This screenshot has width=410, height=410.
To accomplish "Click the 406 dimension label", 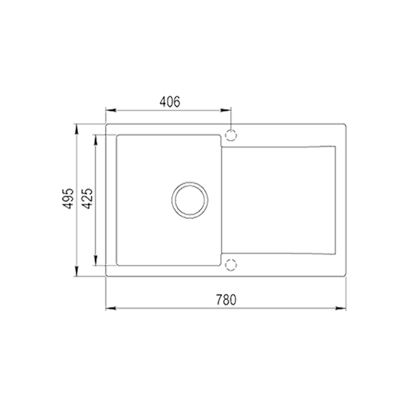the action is (x=170, y=102).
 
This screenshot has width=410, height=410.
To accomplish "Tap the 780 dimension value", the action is (x=226, y=300).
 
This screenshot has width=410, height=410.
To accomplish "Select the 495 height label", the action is (x=68, y=198).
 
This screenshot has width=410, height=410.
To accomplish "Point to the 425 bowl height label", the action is (x=88, y=198).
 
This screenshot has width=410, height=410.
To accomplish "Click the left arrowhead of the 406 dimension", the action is (x=110, y=110).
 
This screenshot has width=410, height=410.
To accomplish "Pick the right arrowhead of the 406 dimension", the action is (x=226, y=110).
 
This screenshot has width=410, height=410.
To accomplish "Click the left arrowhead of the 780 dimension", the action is (x=110, y=308).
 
